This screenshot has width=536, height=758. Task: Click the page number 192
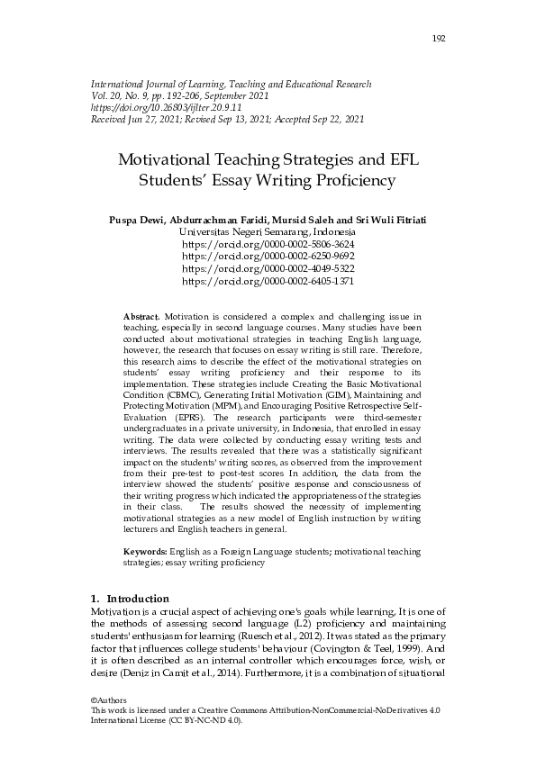click(440, 38)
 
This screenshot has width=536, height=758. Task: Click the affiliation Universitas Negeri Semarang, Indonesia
click(268, 231)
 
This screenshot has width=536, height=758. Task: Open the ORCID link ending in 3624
click(268, 244)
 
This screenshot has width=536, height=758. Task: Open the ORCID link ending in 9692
click(268, 257)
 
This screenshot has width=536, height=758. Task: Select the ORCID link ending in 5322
click(268, 269)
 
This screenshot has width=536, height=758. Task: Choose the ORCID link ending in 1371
click(268, 282)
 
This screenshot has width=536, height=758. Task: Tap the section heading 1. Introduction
click(130, 599)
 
